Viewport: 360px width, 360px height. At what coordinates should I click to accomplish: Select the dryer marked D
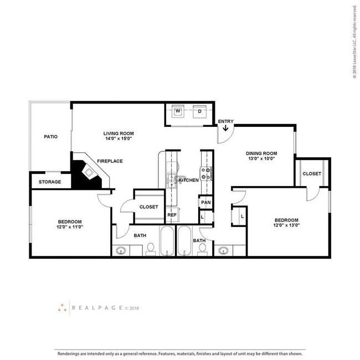coord(199,111)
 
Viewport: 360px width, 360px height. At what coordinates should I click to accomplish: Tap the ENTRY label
coord(225,121)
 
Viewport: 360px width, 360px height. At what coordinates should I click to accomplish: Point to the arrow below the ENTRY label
coord(226,130)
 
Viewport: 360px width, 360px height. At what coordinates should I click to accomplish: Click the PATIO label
coord(51,136)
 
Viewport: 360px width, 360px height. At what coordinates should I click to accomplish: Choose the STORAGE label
coord(50,182)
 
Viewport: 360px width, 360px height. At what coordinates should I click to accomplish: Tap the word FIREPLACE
coord(110,161)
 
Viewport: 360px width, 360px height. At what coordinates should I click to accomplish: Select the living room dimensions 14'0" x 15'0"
coord(119,139)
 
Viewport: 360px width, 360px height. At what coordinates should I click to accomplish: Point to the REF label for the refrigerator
coord(172,214)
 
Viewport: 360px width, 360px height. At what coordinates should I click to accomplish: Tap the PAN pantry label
coord(206,202)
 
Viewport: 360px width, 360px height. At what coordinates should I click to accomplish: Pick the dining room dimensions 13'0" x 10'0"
coord(261,159)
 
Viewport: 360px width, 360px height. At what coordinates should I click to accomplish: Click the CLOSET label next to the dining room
coord(311,173)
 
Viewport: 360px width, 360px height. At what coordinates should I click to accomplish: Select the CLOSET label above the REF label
coord(148,207)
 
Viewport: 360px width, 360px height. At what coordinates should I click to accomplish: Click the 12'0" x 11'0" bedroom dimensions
coord(70,227)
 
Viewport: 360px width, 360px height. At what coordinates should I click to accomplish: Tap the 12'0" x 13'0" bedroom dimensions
coord(287,225)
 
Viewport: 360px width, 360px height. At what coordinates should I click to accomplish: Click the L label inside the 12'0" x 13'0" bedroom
coord(242,216)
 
